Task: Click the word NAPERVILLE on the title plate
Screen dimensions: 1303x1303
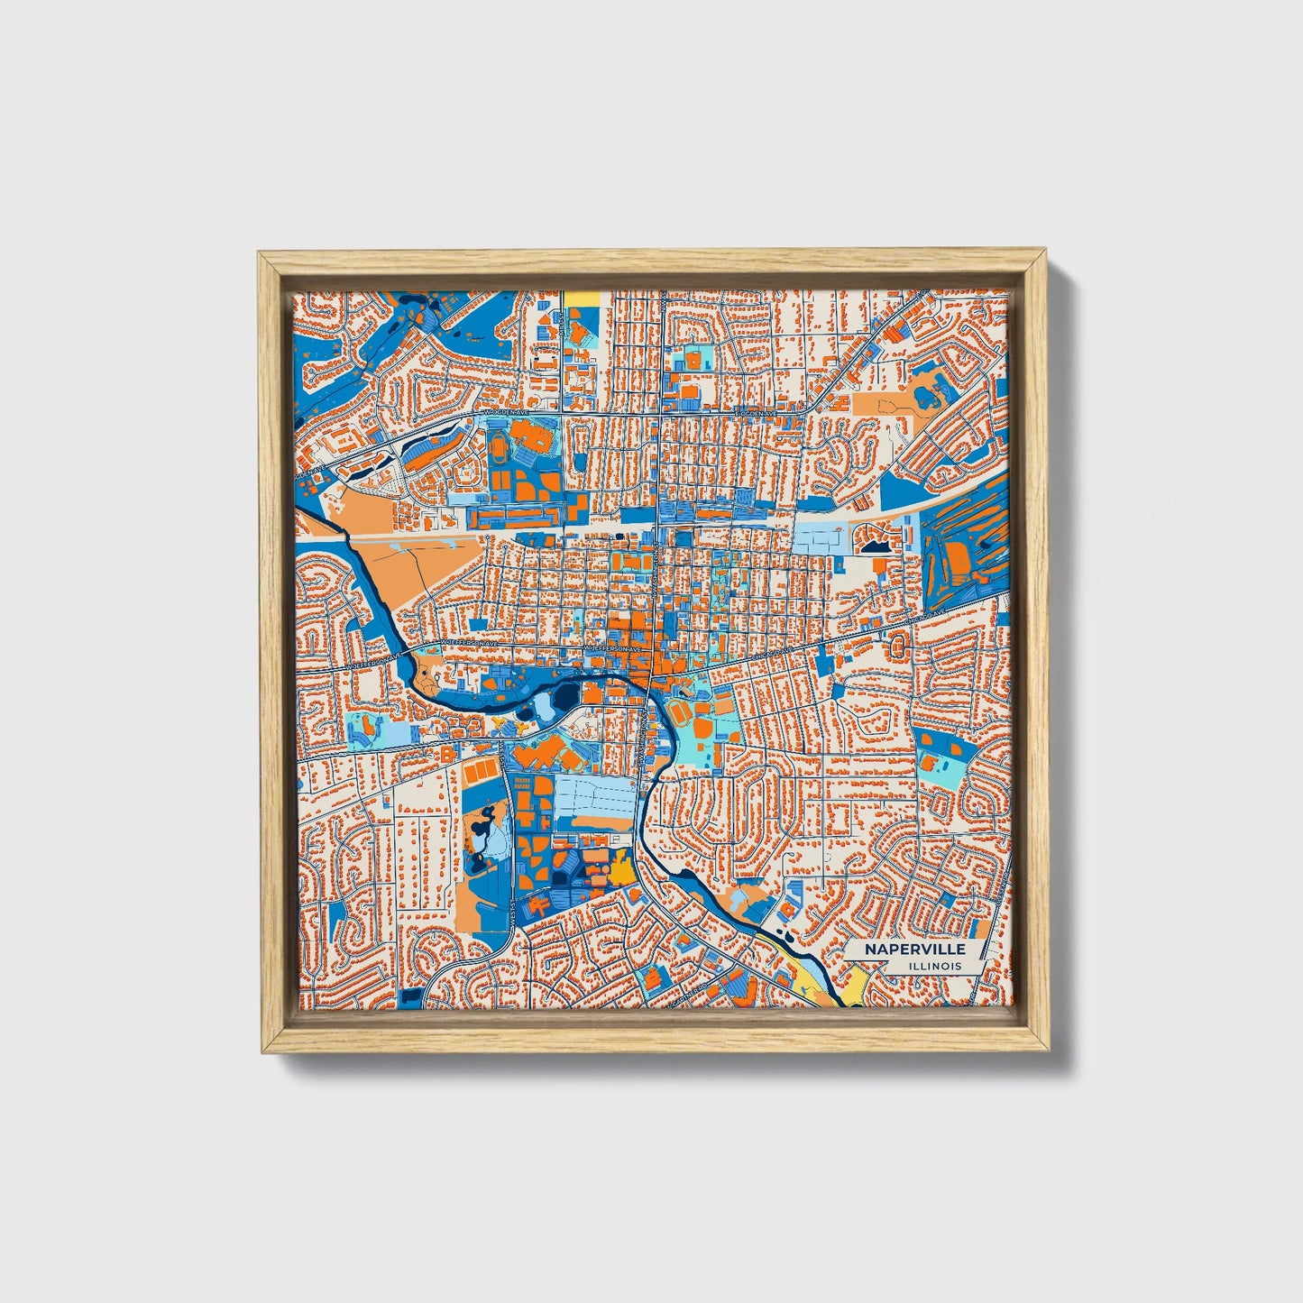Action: [914, 950]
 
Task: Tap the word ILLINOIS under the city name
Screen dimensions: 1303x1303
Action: [935, 966]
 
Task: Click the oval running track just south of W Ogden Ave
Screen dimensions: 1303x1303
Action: [498, 445]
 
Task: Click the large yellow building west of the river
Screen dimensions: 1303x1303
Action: [620, 869]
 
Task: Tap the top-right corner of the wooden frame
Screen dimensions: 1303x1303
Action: [1047, 253]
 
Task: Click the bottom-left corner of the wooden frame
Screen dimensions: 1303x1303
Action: [262, 1051]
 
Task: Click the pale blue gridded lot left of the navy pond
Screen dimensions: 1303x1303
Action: [822, 538]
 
